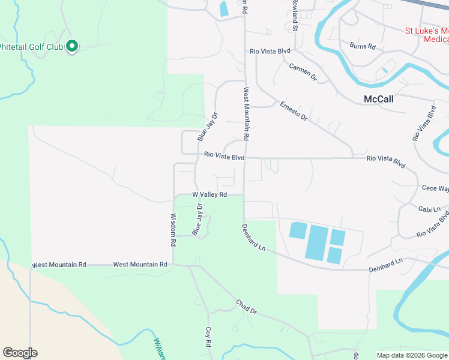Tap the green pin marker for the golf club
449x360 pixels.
point(72,46)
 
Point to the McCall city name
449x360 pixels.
point(379,99)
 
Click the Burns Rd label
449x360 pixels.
point(363,46)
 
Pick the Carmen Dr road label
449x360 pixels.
point(303,71)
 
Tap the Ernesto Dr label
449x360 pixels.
point(294,110)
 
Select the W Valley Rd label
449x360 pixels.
point(209,195)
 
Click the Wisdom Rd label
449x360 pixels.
point(173,230)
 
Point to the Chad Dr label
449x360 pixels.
point(246,307)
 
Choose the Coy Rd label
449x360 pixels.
point(208,337)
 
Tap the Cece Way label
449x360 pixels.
point(435,188)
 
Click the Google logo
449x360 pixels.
point(20,353)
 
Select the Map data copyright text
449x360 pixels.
point(412,355)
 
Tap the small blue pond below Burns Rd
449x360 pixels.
point(384,70)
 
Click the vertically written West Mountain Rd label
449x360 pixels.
point(246,114)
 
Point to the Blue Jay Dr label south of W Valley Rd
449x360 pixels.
point(196,219)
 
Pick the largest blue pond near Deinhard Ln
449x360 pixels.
point(317,242)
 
